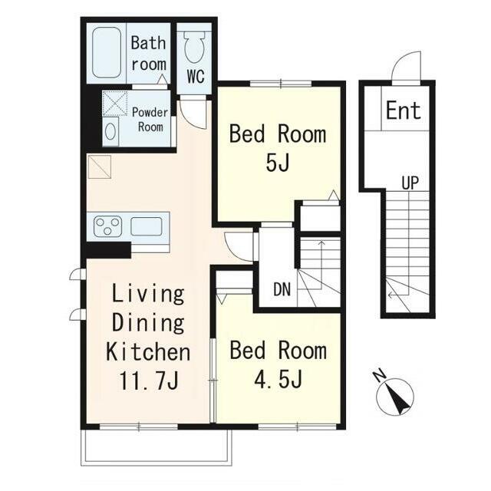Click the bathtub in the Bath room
tap(107, 53)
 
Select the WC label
tap(196, 76)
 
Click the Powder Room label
tap(150, 120)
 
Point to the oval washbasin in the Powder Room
tap(110, 131)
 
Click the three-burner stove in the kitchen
tap(107, 226)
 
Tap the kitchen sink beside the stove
tap(147, 226)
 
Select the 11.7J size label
tap(149, 381)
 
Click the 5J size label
tap(277, 162)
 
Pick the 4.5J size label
tap(278, 379)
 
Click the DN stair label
tap(282, 289)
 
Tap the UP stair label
tap(410, 183)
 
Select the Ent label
tap(404, 110)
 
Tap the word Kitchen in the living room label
tap(148, 352)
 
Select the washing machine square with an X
tap(115, 104)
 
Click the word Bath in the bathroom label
tap(148, 43)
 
